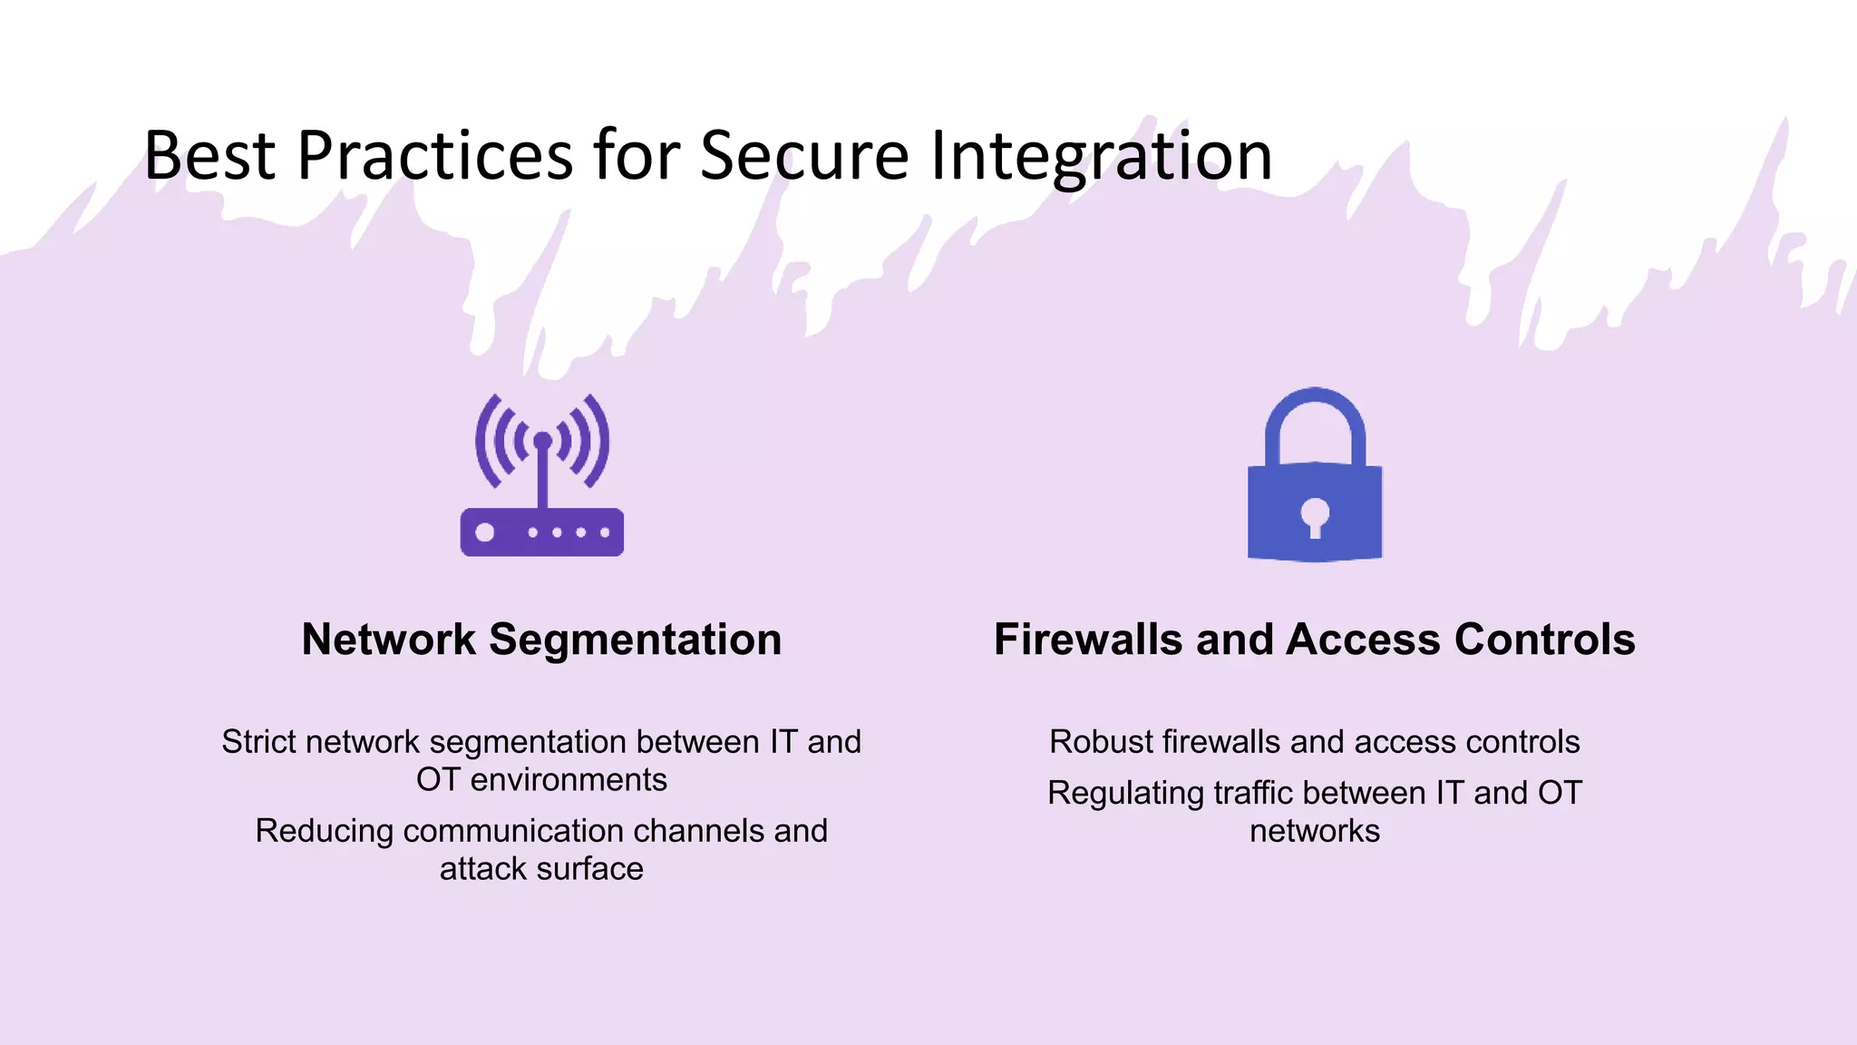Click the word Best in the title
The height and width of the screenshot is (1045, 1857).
[x=209, y=156]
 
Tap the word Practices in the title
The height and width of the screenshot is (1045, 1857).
[x=435, y=156]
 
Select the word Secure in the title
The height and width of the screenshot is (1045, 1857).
[x=804, y=156]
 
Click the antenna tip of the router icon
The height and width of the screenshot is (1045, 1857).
[x=542, y=441]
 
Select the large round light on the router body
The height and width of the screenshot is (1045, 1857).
[x=485, y=532]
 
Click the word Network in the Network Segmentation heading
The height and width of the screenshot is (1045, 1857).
[x=388, y=640]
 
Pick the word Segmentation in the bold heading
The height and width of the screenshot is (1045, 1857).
[x=635, y=640]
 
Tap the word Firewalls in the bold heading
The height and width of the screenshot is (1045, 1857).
[x=1088, y=640]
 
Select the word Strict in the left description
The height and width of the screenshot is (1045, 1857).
[x=258, y=742]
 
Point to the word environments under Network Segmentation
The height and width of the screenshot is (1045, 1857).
[x=569, y=780]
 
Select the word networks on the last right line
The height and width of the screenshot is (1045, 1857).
[x=1315, y=831]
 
